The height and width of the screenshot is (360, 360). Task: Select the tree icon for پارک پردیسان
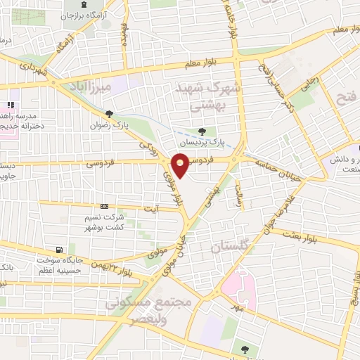[202, 131]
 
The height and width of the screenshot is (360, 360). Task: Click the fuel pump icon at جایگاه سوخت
[58, 249]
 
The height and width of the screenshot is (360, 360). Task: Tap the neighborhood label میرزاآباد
[92, 87]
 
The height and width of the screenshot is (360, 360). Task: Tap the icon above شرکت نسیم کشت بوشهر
[104, 206]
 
